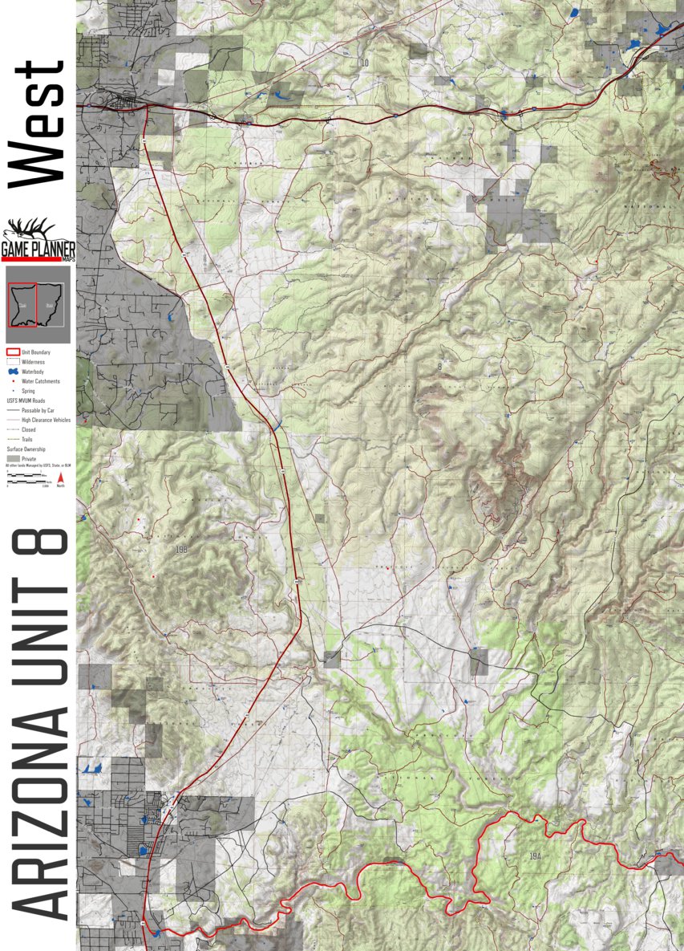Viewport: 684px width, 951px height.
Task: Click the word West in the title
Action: click(x=36, y=124)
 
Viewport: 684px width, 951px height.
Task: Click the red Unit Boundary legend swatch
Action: click(x=12, y=352)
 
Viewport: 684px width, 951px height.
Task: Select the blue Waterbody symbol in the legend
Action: click(x=12, y=372)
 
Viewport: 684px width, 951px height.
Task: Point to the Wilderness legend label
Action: click(x=33, y=362)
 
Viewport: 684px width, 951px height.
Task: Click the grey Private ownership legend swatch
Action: click(x=12, y=458)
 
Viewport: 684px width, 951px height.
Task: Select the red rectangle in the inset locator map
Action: click(x=22, y=305)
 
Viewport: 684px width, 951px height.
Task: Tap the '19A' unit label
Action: click(x=536, y=857)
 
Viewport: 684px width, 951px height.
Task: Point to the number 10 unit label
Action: click(x=364, y=63)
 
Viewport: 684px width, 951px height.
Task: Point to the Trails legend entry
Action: click(x=27, y=439)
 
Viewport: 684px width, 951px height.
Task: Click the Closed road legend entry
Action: click(x=28, y=429)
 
